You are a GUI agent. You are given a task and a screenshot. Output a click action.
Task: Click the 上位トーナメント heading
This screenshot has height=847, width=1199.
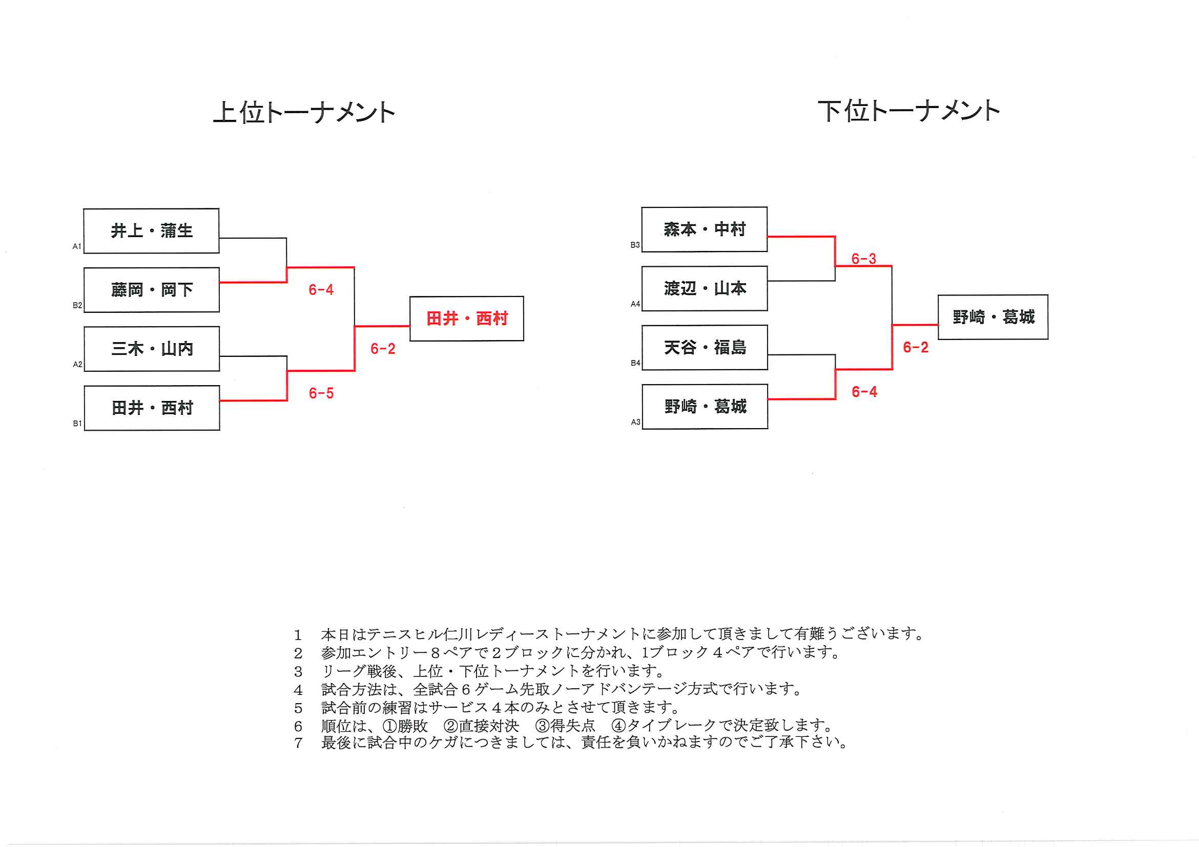point(304,112)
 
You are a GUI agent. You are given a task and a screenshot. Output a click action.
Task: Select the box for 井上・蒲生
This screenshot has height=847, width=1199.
point(152,230)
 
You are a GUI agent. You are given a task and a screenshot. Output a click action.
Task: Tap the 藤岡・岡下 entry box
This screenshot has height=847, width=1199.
point(152,290)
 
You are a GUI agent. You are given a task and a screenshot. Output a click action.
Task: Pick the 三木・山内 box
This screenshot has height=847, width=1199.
point(152,349)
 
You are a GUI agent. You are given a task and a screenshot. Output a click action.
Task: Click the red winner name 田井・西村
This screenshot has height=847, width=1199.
point(467,319)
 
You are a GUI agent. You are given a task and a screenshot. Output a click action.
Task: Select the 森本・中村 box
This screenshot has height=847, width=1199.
point(705,229)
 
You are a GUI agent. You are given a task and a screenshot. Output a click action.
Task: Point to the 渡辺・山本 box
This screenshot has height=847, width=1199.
point(705,288)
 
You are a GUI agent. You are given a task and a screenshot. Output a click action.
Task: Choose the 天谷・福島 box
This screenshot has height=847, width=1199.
point(705,347)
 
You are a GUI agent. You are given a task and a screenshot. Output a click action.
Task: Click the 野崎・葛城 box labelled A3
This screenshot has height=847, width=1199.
point(705,406)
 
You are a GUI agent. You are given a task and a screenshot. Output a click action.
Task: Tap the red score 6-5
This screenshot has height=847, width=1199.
point(321,393)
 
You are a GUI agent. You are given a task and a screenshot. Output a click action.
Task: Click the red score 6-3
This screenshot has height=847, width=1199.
point(864,258)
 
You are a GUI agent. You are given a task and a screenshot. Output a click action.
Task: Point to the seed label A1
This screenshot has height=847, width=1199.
point(77,246)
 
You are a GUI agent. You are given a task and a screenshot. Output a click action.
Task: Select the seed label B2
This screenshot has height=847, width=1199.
point(77,305)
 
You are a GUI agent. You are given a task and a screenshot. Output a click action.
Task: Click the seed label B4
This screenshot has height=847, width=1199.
point(635,363)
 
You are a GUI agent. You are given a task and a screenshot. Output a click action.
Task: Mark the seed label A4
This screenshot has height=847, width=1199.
point(635,304)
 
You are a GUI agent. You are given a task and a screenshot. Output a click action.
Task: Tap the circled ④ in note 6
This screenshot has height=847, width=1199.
point(618,726)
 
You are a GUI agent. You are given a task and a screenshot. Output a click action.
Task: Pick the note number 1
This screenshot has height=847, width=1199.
point(298,634)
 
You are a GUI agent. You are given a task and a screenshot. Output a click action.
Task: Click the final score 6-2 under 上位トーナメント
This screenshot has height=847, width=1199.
point(383,349)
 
